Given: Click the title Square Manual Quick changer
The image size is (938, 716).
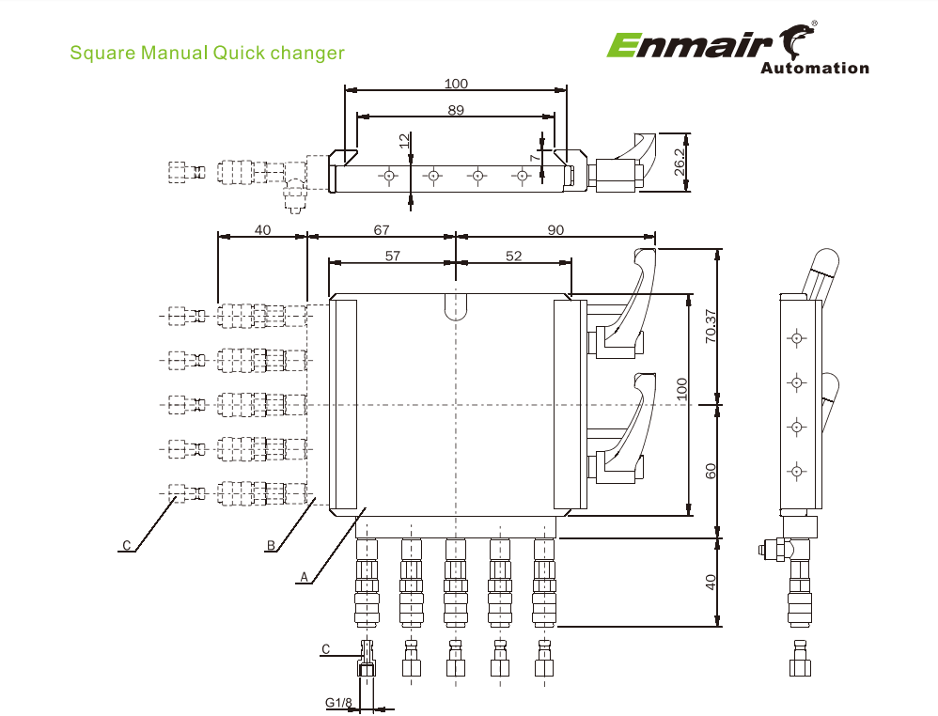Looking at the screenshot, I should click(208, 53).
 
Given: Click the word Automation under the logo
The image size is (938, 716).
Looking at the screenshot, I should click(814, 68).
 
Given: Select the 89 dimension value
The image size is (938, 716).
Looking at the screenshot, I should click(456, 110).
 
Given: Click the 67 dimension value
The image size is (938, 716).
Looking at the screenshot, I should click(381, 229).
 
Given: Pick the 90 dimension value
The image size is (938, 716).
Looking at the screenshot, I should click(555, 229).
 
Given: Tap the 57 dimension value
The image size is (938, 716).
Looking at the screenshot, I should click(392, 256).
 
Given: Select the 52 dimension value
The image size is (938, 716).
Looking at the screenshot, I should click(513, 256).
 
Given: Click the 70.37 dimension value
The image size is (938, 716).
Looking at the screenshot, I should click(711, 324).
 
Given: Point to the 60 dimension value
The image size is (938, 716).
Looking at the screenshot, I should click(711, 470).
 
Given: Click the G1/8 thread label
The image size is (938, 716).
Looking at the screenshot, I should click(338, 703).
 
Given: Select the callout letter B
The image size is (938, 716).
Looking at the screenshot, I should click(271, 544).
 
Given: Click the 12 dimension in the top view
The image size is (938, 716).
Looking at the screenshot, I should click(404, 140).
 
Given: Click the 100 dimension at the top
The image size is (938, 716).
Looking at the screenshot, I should click(456, 84).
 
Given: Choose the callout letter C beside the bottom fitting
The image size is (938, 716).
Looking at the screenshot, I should click(325, 649).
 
